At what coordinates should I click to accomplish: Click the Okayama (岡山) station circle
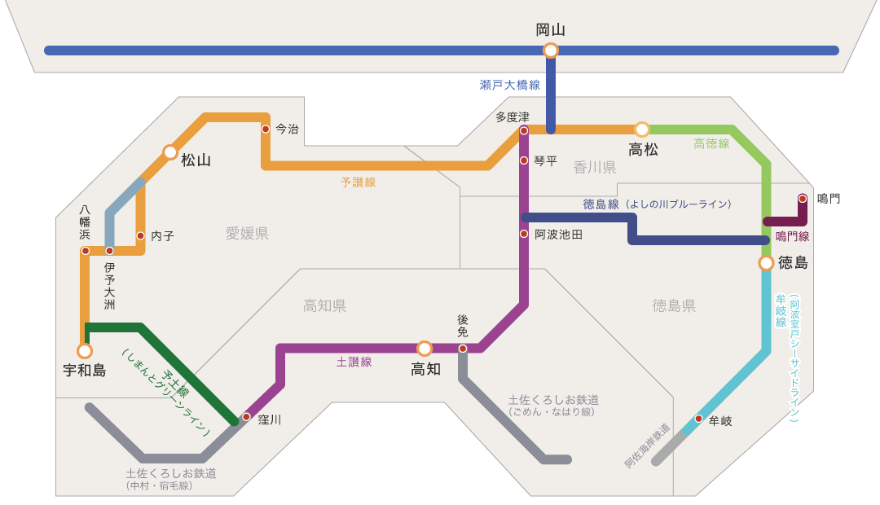tap(551, 50)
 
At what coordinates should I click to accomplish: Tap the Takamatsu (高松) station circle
tap(642, 130)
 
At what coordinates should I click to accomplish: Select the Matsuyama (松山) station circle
tap(170, 152)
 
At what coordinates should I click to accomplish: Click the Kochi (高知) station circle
tap(425, 349)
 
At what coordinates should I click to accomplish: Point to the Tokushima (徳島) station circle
tap(766, 263)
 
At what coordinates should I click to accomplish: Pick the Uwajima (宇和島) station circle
tap(85, 351)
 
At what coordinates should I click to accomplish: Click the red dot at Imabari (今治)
tap(266, 129)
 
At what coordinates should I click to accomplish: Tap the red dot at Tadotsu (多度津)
tap(524, 130)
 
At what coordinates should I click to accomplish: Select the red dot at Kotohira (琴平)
tap(524, 160)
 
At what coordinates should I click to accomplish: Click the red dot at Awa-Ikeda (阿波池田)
tap(524, 234)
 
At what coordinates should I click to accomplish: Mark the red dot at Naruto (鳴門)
tap(803, 198)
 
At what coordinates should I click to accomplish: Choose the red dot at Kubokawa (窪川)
tap(246, 417)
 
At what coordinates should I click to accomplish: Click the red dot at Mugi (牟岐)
tap(698, 419)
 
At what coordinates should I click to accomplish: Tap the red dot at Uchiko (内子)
tap(140, 236)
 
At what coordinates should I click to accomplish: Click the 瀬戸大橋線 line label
tap(510, 85)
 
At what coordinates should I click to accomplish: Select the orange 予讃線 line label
tap(358, 182)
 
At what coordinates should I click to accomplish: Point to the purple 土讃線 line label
tap(354, 362)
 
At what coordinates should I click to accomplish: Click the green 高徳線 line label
tap(711, 143)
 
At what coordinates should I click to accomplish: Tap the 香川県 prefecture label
tap(595, 168)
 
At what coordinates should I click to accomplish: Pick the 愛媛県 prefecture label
tap(247, 234)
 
